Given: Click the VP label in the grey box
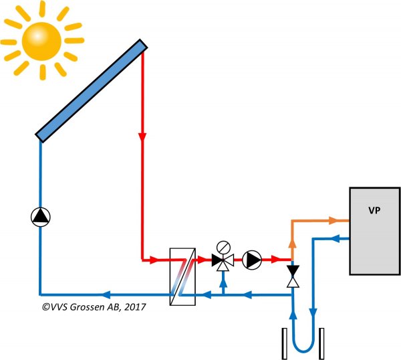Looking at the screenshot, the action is [x=374, y=210].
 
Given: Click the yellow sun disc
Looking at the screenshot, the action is [x=41, y=41].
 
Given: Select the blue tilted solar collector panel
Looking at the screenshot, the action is [x=92, y=90].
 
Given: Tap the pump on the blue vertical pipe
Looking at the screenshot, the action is [x=40, y=217].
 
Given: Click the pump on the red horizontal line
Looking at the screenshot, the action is [x=252, y=260].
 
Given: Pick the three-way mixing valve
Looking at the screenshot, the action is [x=223, y=262].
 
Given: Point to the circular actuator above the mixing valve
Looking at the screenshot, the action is [x=223, y=248].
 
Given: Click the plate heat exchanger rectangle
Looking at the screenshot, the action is [x=182, y=276].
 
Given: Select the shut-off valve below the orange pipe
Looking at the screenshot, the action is [x=293, y=276].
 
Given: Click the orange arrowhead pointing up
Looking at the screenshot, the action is [x=292, y=244].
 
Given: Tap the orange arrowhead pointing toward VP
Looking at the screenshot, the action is [x=333, y=220].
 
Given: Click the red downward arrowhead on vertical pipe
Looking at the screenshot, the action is [x=142, y=137].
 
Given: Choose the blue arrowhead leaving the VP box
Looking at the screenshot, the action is [x=336, y=239].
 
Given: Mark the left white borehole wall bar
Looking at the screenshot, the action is [x=285, y=344].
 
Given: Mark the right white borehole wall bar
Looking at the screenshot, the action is [x=321, y=344].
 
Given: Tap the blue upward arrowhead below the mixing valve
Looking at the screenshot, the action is [x=223, y=283].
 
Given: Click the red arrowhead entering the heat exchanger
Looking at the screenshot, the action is [x=154, y=260].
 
